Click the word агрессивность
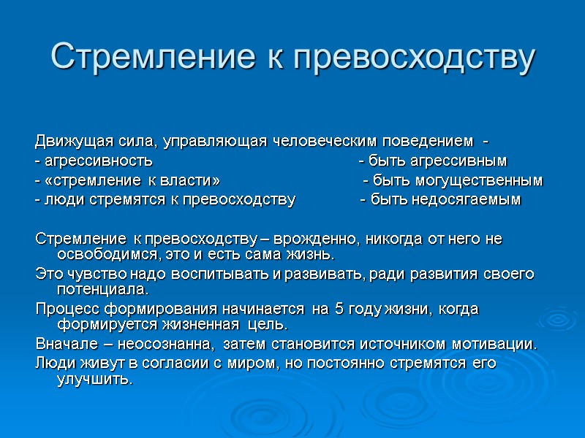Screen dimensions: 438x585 [x=98, y=161]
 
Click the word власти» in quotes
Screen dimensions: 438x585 [x=193, y=180]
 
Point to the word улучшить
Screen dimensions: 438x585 [x=94, y=380]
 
